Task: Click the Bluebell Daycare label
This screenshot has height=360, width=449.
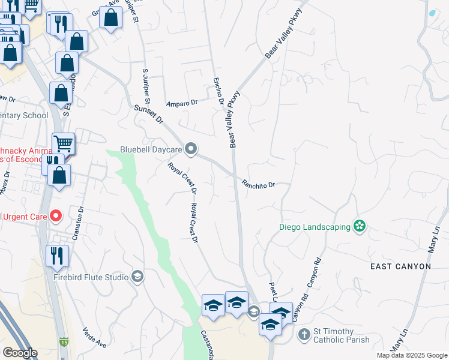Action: [151, 149]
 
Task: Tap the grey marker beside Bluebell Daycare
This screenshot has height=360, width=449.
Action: [191, 148]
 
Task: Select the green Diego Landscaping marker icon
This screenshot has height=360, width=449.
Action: [360, 226]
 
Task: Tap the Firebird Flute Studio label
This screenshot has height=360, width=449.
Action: [91, 277]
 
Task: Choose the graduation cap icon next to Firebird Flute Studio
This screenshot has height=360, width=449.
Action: [137, 277]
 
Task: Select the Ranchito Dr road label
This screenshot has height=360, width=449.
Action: [258, 184]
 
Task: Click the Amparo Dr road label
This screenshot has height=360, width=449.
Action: [182, 103]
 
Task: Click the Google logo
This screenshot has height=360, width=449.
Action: [19, 353]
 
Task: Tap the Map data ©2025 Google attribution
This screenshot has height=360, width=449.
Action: [411, 355]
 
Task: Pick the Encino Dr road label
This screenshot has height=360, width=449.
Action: [218, 90]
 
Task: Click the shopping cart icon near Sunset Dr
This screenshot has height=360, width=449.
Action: [64, 143]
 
